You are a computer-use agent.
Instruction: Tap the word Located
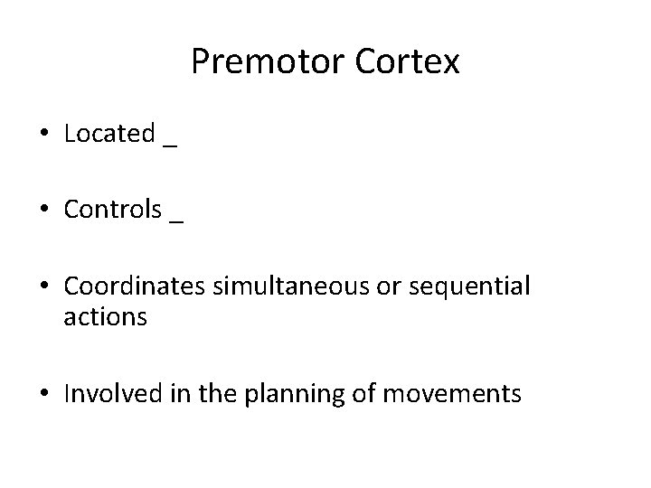click(109, 134)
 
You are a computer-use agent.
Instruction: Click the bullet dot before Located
click(45, 135)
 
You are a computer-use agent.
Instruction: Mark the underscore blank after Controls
click(176, 221)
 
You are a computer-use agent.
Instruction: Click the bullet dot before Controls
click(45, 211)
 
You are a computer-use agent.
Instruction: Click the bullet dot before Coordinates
click(45, 286)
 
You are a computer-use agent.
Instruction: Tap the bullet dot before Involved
click(45, 395)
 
